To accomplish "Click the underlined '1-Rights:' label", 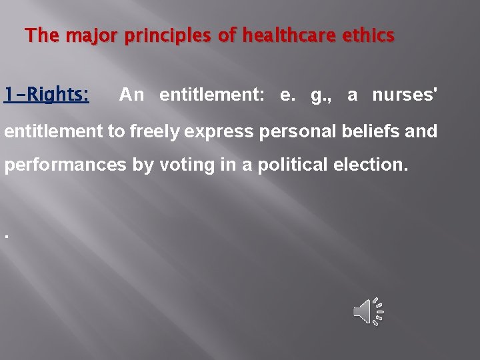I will (46, 95).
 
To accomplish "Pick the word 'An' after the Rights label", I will (131, 95).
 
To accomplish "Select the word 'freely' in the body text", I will (155, 131).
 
